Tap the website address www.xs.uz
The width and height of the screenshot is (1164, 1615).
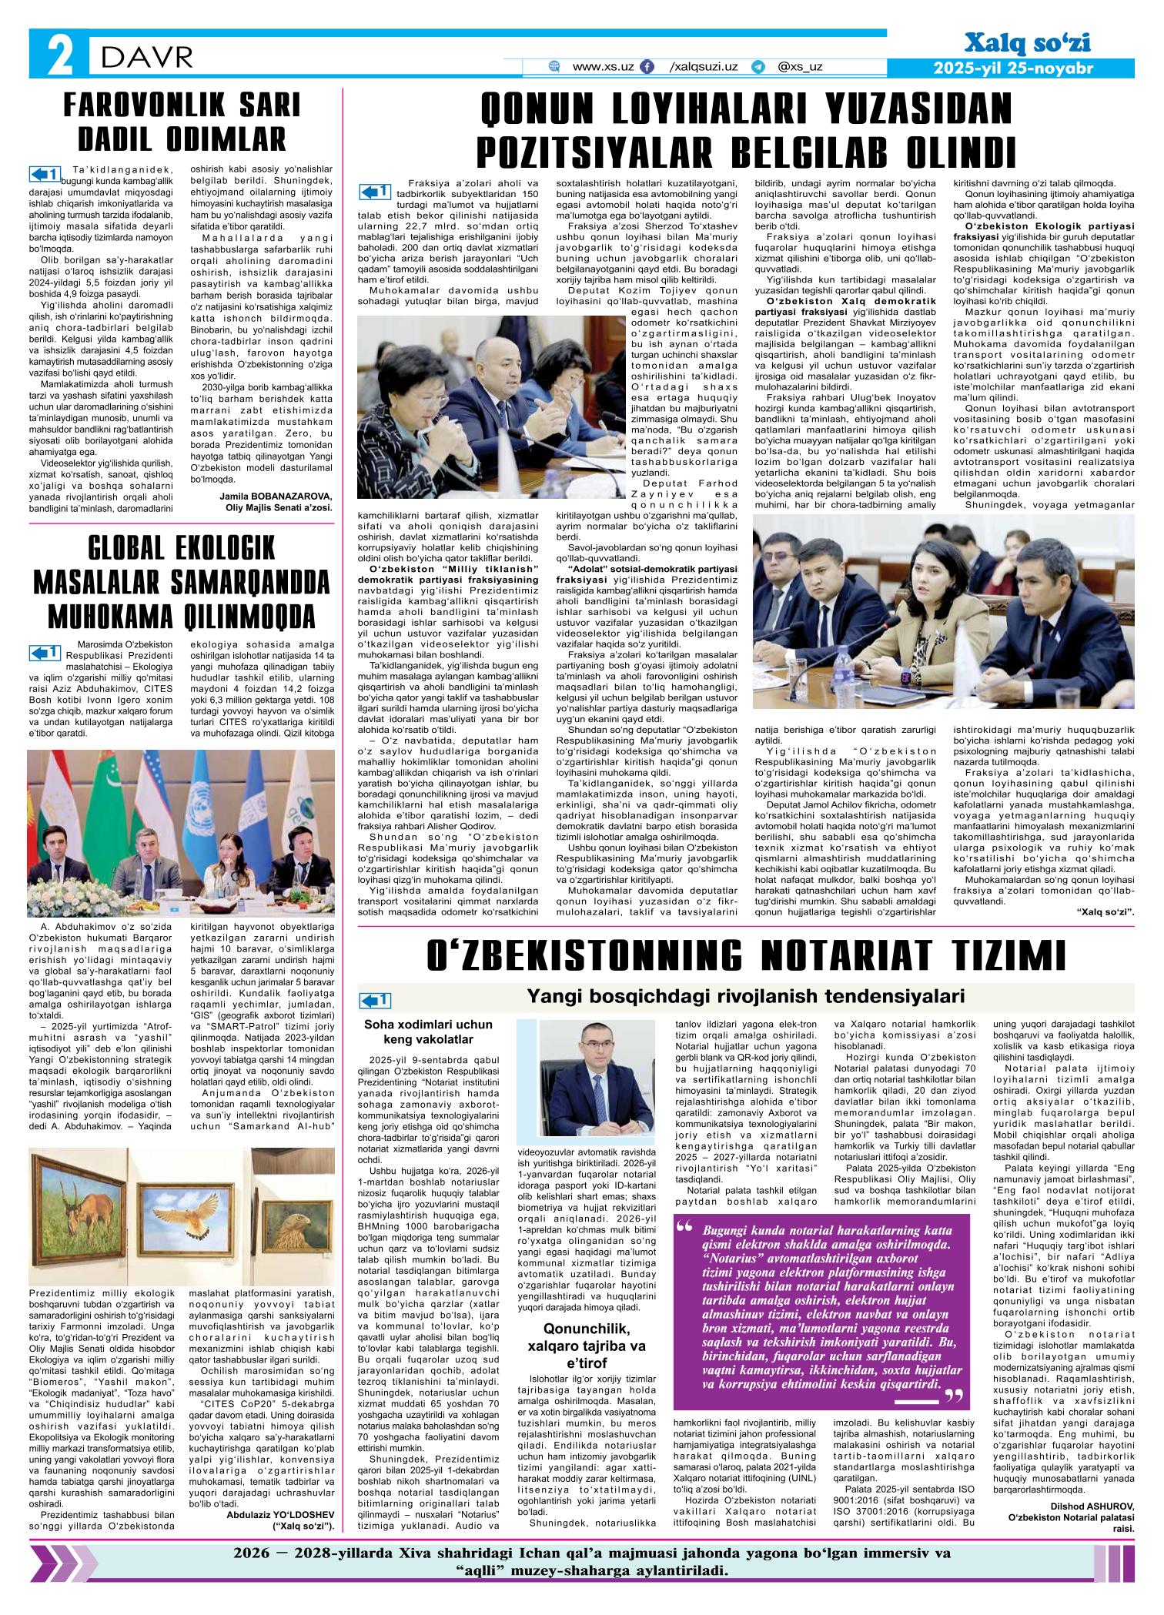pos(603,67)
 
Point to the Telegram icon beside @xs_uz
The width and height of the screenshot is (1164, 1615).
pos(758,67)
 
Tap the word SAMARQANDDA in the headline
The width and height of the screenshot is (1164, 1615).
pos(239,582)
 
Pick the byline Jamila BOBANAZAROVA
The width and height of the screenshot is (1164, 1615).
pos(276,496)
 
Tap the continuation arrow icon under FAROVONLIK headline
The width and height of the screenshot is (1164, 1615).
pos(44,172)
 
